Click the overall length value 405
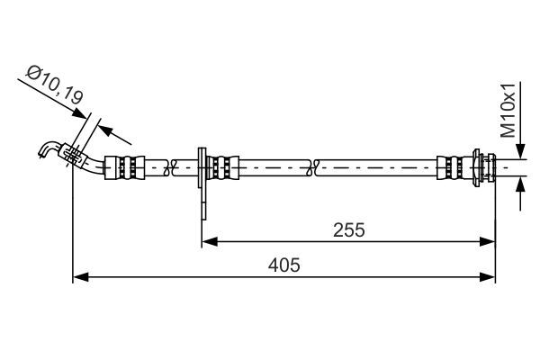284,265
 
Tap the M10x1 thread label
509,110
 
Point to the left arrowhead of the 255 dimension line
206,240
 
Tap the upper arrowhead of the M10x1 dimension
520,155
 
